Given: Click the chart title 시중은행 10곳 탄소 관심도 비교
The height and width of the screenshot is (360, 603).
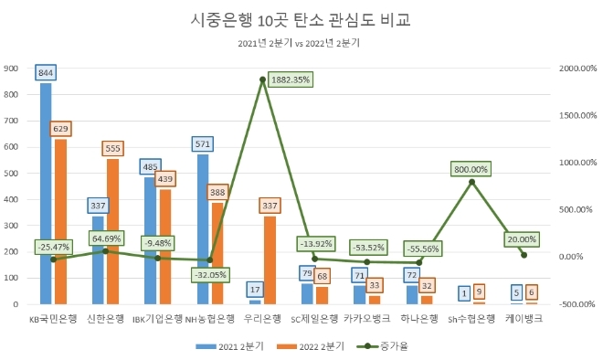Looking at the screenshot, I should click(x=301, y=19).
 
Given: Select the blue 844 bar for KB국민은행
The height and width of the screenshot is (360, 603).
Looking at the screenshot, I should click(x=46, y=192).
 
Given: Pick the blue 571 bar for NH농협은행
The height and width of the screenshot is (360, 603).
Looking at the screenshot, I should click(x=203, y=228).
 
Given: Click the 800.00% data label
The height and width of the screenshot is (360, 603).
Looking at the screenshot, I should click(x=471, y=169).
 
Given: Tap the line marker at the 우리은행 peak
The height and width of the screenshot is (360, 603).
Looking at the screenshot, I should click(x=263, y=79).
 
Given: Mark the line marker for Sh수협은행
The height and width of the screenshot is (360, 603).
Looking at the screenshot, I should click(x=471, y=182).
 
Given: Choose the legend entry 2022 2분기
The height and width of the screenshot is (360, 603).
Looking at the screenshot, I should click(x=311, y=346).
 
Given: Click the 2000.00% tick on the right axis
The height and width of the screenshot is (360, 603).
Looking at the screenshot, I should click(x=577, y=69).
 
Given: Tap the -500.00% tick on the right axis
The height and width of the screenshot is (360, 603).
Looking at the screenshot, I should click(x=577, y=303).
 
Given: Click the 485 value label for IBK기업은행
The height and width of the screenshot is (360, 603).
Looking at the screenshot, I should click(x=151, y=166).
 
